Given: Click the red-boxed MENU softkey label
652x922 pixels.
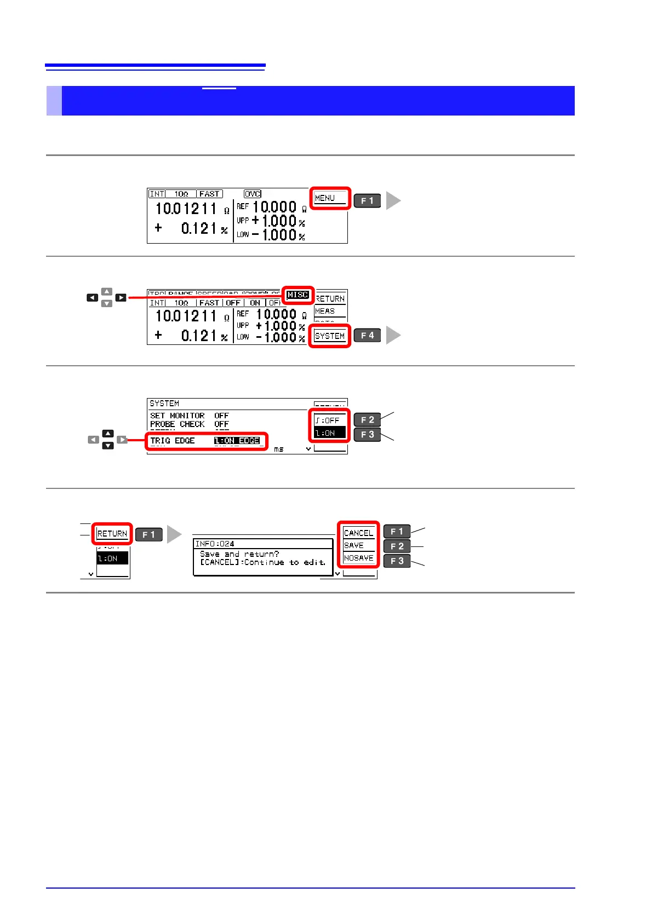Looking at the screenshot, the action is pos(330,198).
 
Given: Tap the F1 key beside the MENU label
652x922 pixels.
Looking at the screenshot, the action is pos(367,201).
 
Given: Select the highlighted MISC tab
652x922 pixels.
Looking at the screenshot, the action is pos(298,295).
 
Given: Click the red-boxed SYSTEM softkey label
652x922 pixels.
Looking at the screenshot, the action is pos(330,336).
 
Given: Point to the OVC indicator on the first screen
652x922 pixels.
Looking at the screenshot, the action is pos(253,194).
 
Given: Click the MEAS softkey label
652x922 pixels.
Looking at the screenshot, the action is pos(325,311).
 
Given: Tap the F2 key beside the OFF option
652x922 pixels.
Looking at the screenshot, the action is pos(367,420).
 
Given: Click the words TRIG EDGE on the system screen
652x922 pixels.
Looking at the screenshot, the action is pos(173,441).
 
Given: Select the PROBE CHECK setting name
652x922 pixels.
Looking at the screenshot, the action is pos(177,424).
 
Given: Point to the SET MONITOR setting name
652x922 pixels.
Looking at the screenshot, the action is pos(177,416).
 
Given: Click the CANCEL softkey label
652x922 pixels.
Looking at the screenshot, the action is pos(358,533).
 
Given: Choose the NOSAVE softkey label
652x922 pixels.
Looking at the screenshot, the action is pos(358,558).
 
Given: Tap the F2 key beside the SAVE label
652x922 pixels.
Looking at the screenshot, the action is pos(397,546).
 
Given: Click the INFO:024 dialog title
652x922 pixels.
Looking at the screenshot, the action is pos(215,544).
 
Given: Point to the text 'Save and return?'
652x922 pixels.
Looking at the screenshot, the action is pos(239,554).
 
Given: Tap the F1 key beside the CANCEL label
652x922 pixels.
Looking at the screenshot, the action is pos(397,532).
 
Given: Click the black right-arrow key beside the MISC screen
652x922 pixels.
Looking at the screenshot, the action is pos(121,298).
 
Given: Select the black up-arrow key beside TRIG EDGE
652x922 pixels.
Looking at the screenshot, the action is pos(108,434).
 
